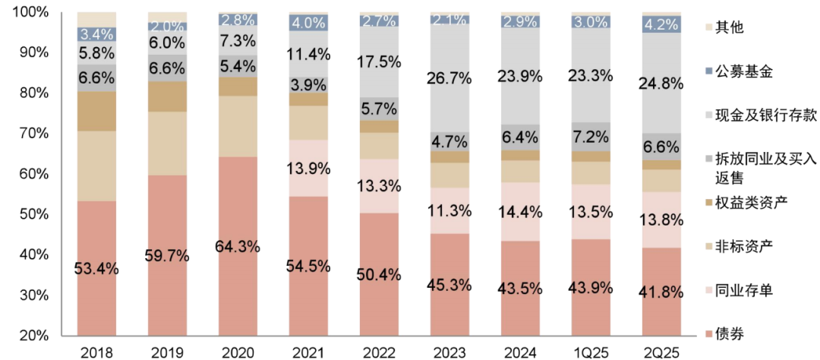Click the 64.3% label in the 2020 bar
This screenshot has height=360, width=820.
click(238, 247)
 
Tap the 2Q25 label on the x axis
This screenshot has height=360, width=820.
click(661, 352)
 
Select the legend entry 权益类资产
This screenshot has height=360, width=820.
click(748, 204)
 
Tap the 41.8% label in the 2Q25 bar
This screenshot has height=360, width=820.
click(661, 291)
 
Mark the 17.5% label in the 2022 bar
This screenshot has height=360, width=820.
click(379, 62)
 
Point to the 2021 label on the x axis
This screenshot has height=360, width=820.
click(308, 352)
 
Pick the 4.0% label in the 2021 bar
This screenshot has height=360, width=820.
click(308, 22)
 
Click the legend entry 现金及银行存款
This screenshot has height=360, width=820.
click(760, 115)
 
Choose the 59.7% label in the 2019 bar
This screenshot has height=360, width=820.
click(167, 255)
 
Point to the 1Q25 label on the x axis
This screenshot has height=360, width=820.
click(590, 352)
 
